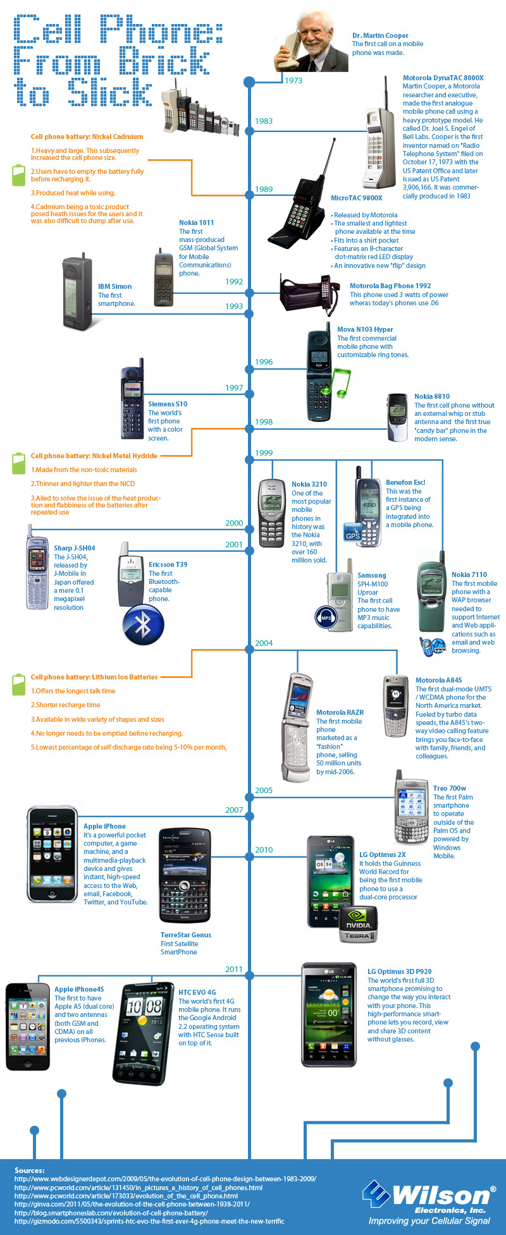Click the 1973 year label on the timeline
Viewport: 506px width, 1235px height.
(293, 81)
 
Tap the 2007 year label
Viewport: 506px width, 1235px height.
(234, 810)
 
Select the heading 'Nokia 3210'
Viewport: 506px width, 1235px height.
(309, 484)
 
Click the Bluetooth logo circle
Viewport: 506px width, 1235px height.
(144, 624)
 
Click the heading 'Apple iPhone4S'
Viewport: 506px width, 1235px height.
(79, 989)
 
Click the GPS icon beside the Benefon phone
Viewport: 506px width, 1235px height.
(352, 534)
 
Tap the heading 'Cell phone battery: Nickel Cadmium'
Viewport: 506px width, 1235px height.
(87, 137)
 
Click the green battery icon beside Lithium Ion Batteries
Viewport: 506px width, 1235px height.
(19, 684)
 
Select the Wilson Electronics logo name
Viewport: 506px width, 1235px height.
(441, 1195)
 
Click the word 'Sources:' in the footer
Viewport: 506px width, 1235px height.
(30, 1171)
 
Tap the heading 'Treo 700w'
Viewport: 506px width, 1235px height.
(450, 788)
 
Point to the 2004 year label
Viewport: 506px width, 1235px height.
(264, 643)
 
